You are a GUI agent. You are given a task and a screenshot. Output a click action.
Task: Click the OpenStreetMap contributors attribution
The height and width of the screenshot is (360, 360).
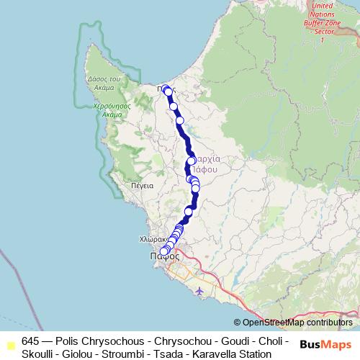(x=297, y=323)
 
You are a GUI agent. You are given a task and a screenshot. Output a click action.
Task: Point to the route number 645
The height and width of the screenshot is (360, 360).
(x=31, y=341)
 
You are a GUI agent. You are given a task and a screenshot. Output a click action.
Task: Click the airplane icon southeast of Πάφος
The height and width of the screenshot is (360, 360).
(x=199, y=290)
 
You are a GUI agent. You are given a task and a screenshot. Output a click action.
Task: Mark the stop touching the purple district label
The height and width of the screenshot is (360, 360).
(x=191, y=161)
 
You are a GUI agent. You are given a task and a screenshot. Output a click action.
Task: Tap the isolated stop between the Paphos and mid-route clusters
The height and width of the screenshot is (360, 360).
(x=189, y=211)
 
